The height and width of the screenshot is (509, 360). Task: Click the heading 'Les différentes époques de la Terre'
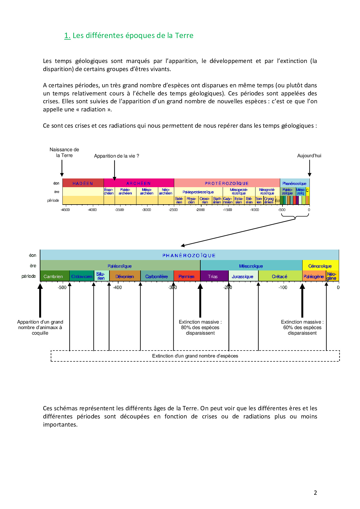(x=133, y=36)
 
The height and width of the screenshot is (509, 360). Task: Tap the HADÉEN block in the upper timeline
(x=83, y=183)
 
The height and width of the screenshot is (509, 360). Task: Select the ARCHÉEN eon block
(x=138, y=183)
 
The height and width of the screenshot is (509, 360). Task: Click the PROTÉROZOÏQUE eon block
(x=227, y=183)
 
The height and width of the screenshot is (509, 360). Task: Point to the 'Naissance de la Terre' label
(x=64, y=152)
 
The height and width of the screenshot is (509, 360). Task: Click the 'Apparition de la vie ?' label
(x=116, y=156)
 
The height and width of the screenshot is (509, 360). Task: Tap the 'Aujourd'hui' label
(x=309, y=156)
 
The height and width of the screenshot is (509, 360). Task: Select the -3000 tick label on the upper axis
(x=146, y=210)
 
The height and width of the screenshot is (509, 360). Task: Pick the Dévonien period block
(x=125, y=276)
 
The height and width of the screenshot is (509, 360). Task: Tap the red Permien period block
(x=186, y=276)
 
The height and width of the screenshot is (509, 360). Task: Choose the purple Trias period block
(x=213, y=276)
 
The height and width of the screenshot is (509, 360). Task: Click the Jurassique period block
(x=243, y=276)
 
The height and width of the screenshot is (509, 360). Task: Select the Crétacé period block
(x=280, y=276)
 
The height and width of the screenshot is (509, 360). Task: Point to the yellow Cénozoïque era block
(x=320, y=266)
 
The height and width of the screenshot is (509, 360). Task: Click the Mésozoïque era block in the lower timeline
(x=251, y=266)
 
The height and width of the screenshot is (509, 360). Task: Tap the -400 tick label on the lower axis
(x=117, y=287)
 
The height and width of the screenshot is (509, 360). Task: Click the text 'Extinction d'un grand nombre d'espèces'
(x=195, y=356)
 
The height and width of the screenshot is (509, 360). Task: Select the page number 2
(x=315, y=492)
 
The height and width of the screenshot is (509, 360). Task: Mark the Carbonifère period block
(x=157, y=276)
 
